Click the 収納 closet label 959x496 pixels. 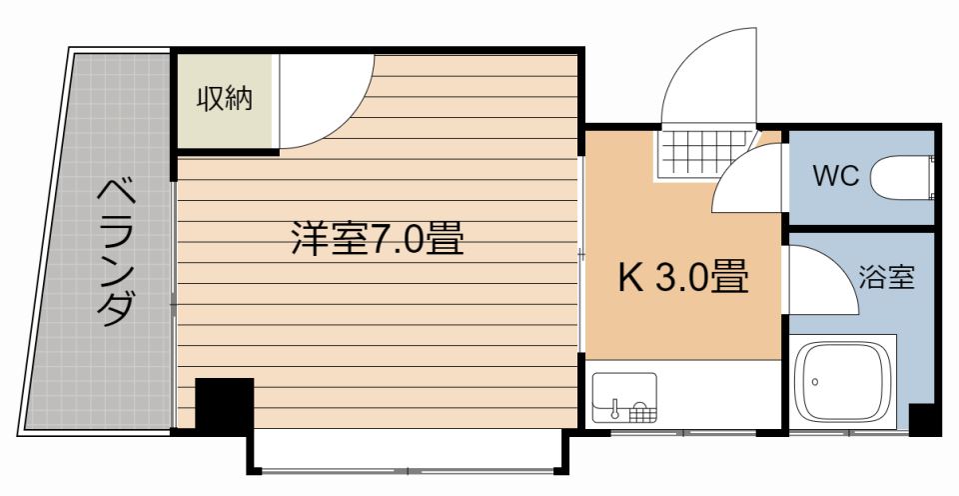(224, 99)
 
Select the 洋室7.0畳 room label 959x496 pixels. (377, 239)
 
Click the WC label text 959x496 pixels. (835, 176)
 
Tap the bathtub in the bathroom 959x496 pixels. (844, 385)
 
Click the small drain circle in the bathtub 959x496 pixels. (816, 381)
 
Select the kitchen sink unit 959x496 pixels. (624, 398)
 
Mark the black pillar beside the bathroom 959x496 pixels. (923, 419)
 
